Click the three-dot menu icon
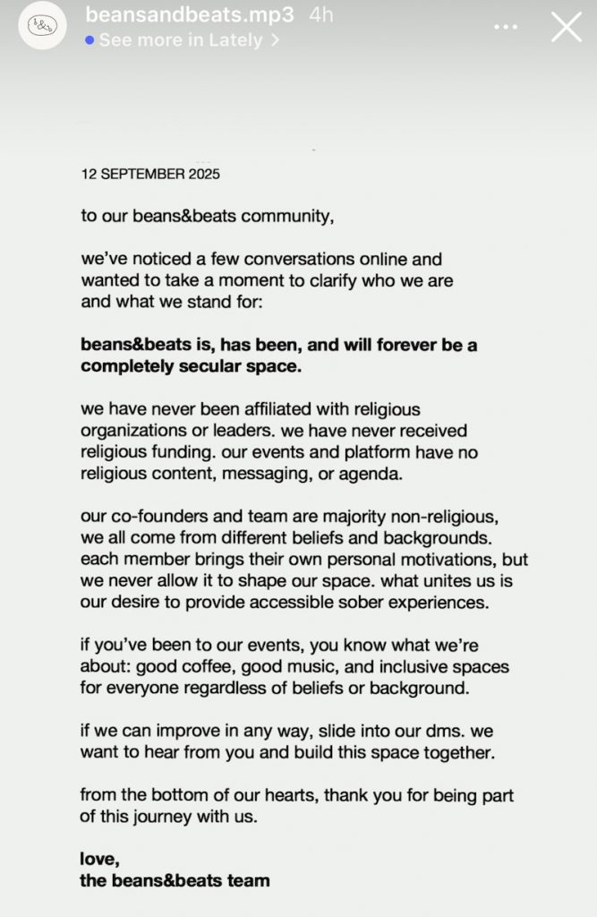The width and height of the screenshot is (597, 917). (506, 27)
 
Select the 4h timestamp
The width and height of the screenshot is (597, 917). (320, 14)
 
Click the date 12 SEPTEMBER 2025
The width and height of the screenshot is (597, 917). (150, 174)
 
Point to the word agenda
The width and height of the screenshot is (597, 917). (373, 475)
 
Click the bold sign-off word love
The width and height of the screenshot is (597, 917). (98, 860)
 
